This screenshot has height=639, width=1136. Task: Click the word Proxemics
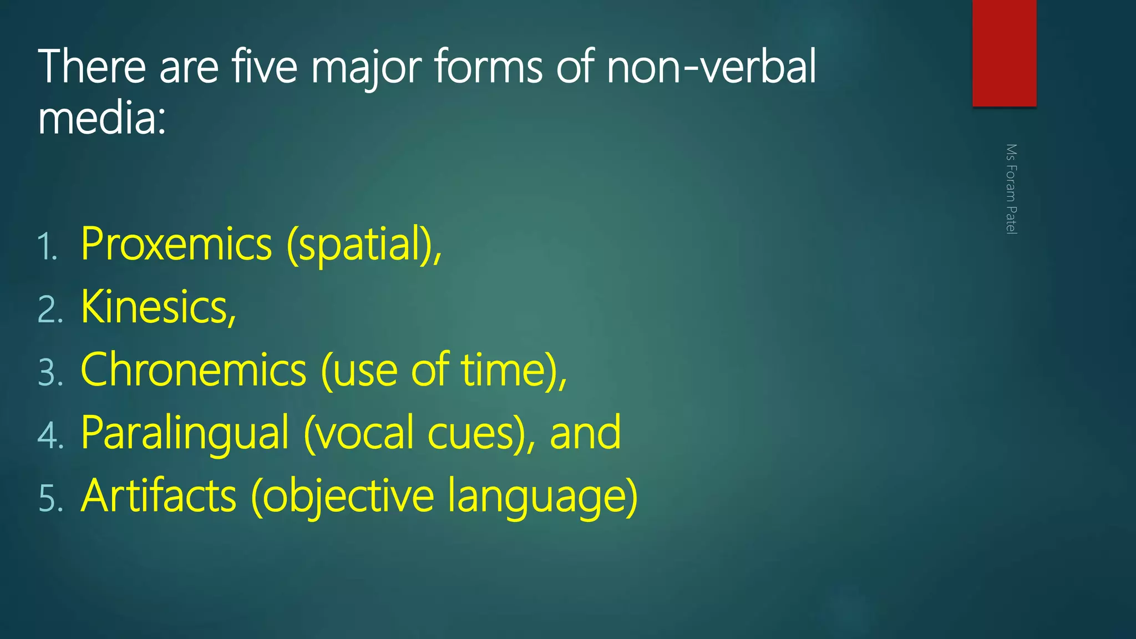point(176,245)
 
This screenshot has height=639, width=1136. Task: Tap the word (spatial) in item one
point(363,245)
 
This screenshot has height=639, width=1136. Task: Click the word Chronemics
point(194,370)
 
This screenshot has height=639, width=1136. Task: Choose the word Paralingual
point(185,433)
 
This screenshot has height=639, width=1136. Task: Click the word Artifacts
point(159,496)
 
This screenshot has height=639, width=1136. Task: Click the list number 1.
point(48,247)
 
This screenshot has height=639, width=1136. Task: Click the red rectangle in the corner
point(1004,53)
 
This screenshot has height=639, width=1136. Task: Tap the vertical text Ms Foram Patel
point(1011,189)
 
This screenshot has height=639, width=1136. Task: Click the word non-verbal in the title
point(711,67)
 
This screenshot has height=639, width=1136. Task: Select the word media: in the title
point(102,119)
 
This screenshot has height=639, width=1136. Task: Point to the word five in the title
point(265,67)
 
